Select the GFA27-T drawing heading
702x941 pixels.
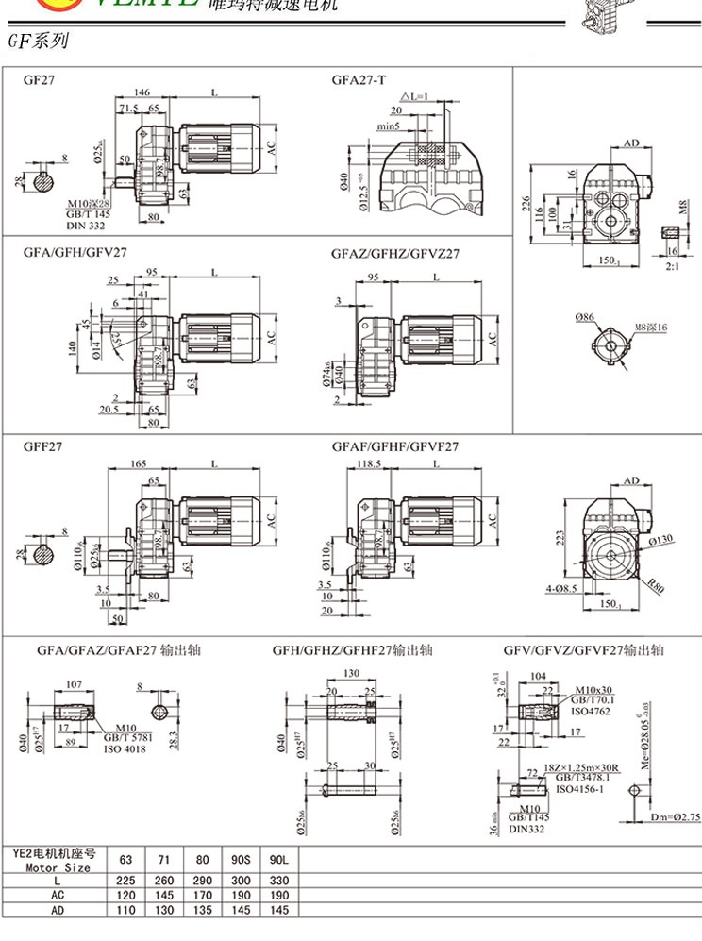pos(359,80)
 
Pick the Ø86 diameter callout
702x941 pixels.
pos(586,318)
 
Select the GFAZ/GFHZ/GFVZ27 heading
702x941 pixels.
pos(395,254)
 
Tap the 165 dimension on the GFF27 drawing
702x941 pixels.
pos(139,464)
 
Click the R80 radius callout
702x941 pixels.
pos(655,587)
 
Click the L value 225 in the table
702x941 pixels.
pos(125,880)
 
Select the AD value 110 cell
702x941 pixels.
pos(125,910)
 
